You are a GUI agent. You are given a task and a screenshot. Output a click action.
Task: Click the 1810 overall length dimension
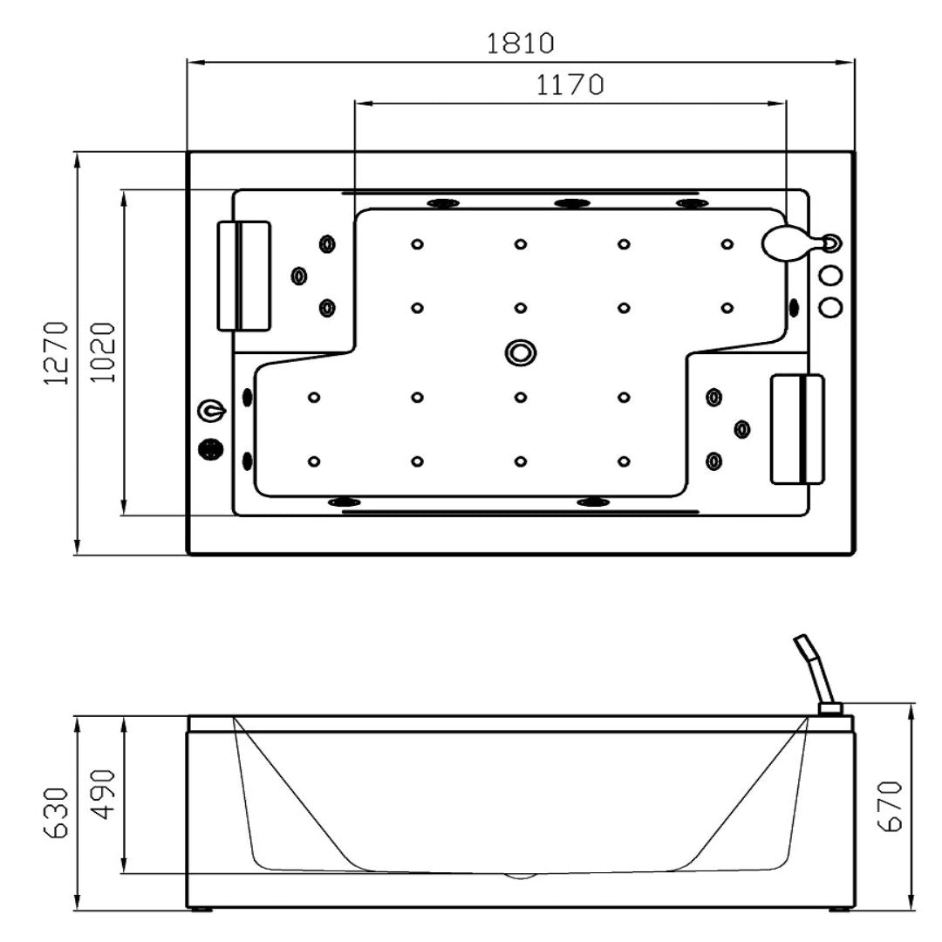point(520,44)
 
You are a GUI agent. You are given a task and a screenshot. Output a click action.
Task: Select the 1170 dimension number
point(570,85)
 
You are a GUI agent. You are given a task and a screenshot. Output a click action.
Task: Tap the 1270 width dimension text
point(57,352)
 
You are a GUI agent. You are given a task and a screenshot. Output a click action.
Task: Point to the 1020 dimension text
point(103,352)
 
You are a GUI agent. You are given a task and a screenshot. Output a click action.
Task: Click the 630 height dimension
point(57,813)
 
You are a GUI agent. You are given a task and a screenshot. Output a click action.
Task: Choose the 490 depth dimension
point(103,795)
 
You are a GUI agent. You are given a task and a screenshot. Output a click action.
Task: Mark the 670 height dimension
point(891,806)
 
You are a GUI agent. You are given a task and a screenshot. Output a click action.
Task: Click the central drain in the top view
point(520,352)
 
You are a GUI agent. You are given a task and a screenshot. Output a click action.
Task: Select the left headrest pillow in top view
point(243,276)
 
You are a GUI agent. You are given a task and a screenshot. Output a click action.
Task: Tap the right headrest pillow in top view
point(797,429)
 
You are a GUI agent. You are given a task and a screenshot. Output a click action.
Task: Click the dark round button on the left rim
point(211,449)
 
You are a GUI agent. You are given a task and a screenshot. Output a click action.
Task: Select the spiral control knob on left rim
point(211,412)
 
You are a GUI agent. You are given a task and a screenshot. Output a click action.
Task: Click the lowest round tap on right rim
point(831,307)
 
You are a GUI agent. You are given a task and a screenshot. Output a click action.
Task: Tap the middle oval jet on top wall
point(570,203)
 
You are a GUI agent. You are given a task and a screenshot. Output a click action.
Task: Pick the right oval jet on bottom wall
point(593,502)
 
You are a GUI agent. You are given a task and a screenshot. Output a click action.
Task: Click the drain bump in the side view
point(520,876)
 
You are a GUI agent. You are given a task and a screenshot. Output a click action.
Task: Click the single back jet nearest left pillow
point(298,276)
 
